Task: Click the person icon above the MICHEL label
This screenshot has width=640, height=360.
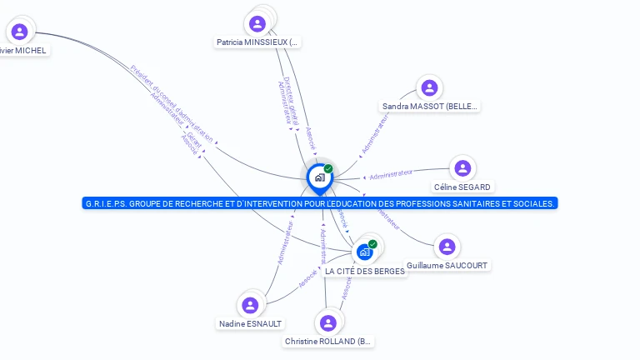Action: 20,32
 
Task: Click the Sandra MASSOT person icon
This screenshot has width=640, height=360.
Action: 429,87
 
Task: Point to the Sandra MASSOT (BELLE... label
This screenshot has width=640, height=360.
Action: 430,107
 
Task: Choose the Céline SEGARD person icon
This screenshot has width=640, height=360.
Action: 462,168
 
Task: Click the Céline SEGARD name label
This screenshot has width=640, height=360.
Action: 462,187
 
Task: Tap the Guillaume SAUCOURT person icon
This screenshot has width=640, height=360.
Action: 447,247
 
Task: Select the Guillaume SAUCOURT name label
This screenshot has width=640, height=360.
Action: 447,266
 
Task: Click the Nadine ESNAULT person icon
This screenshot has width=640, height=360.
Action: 250,305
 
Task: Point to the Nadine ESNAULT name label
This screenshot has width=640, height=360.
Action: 250,323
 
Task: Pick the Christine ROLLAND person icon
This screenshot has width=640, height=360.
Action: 329,322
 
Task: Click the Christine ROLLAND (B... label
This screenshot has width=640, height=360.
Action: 329,342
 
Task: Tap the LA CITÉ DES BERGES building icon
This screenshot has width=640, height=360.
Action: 364,252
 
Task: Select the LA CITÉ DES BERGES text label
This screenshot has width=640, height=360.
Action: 364,272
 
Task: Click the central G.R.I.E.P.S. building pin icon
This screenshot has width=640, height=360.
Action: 319,177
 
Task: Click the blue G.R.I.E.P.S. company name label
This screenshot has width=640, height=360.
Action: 320,203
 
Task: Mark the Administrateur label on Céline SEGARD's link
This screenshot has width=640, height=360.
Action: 391,174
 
